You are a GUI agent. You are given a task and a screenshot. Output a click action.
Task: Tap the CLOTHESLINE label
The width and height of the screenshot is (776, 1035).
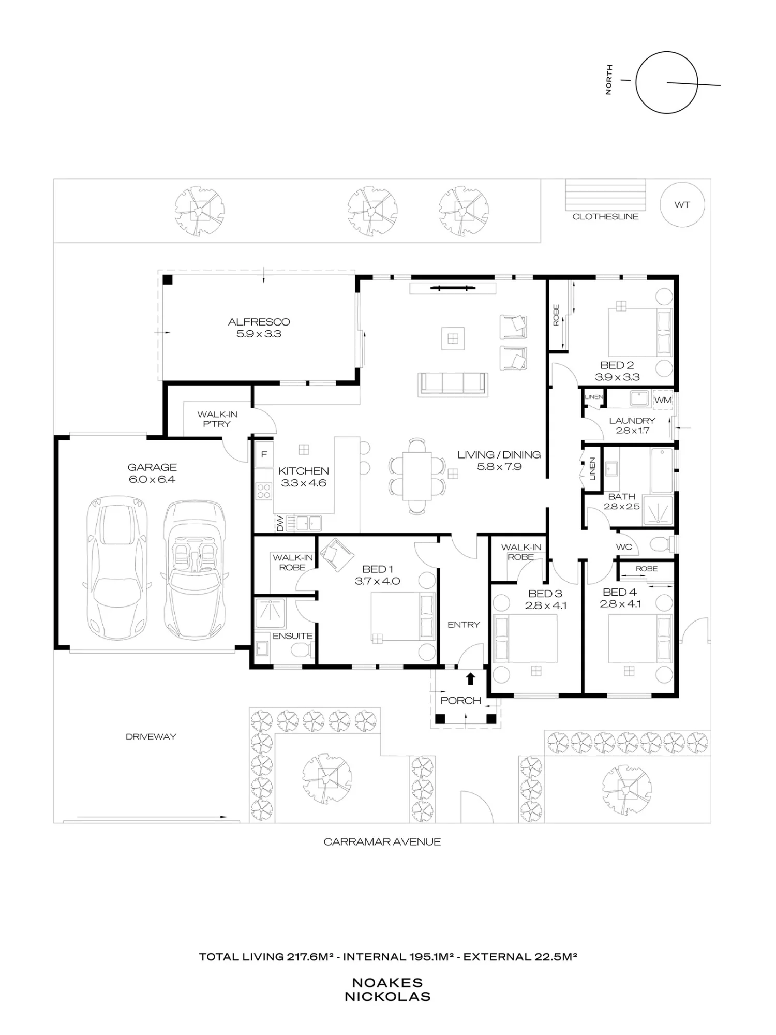(x=605, y=217)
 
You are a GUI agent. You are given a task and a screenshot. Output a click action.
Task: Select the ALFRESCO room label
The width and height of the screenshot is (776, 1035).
(x=259, y=322)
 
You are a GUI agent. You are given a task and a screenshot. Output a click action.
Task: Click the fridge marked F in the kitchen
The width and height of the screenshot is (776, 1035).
(x=264, y=454)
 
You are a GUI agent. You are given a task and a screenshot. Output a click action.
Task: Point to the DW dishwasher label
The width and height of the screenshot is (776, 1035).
(x=280, y=524)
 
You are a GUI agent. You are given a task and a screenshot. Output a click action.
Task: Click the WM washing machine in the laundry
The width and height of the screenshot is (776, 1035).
(x=663, y=400)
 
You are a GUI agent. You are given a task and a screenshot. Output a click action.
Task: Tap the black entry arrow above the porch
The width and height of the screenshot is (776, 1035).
(x=470, y=678)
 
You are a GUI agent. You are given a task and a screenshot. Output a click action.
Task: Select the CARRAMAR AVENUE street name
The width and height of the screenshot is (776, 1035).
(x=382, y=842)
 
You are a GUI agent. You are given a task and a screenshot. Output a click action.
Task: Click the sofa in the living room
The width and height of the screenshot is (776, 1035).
(x=453, y=385)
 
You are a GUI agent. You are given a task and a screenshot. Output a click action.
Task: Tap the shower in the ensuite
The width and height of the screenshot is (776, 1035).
(x=270, y=613)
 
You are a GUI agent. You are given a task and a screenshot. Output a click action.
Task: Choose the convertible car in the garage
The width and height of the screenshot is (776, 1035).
(x=195, y=570)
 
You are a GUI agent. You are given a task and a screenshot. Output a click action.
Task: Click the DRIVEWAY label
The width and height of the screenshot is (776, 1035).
(x=151, y=736)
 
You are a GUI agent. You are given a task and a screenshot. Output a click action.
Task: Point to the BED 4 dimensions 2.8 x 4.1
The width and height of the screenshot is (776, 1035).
(x=620, y=604)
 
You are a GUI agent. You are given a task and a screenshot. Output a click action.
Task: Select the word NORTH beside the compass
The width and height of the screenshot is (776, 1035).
(x=608, y=79)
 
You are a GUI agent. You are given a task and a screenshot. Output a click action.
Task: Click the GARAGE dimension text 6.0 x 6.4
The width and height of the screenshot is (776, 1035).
(x=152, y=480)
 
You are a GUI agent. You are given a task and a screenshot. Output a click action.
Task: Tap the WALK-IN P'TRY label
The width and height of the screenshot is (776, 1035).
(x=217, y=419)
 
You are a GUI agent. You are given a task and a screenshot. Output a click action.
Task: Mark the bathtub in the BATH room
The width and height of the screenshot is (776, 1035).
(x=662, y=470)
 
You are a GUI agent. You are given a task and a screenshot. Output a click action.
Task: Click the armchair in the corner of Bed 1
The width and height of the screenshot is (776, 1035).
(x=337, y=554)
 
